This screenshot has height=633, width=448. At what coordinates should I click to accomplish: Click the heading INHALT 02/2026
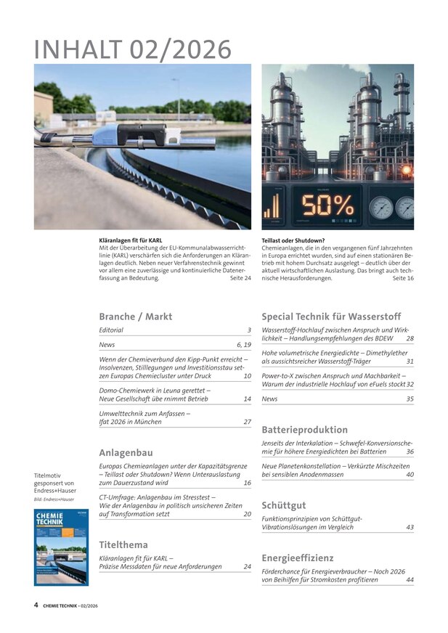tap(133, 49)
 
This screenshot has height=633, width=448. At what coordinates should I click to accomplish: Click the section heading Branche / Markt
tap(136, 316)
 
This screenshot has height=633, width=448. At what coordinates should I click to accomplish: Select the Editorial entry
tap(111, 330)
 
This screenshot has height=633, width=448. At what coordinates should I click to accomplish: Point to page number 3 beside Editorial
tap(248, 330)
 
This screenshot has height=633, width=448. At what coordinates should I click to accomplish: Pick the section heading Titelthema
tap(123, 544)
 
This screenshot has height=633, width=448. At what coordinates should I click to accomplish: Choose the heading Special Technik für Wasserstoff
tap(330, 316)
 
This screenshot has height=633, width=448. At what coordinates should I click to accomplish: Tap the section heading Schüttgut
tap(284, 505)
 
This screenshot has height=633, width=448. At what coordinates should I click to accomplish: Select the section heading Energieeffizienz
tap(298, 558)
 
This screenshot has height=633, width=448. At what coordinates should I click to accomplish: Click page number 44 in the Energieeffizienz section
tap(410, 580)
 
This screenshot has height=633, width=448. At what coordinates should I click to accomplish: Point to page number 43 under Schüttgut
tap(410, 527)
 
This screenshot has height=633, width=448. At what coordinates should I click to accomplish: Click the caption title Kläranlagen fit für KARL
tap(131, 240)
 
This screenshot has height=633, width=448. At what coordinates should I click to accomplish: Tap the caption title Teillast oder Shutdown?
tap(293, 240)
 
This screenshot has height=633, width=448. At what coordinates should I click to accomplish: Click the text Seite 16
tap(403, 278)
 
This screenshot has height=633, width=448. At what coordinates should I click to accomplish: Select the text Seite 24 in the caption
tap(240, 278)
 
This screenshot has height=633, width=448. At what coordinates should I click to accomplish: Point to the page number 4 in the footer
tap(36, 604)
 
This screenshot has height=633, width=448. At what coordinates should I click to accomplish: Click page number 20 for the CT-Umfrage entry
tap(247, 513)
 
